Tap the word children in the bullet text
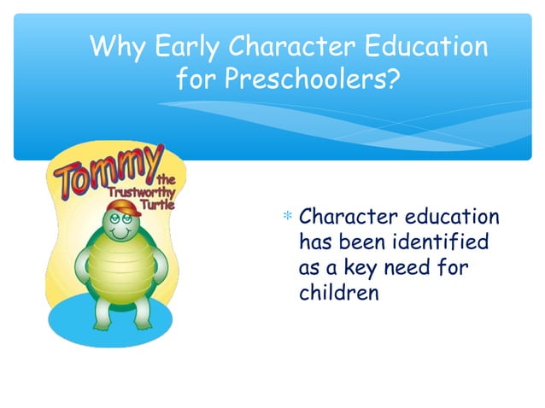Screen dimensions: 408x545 coord(337,294)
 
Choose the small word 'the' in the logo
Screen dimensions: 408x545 coord(167,178)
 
